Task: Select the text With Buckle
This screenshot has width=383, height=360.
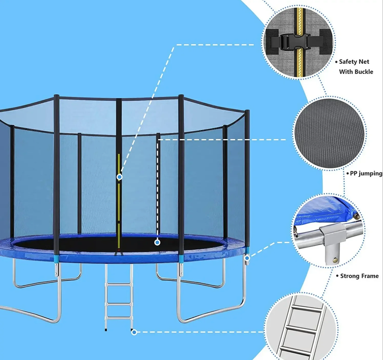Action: click(x=356, y=71)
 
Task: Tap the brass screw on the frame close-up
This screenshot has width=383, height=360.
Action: click(x=336, y=260)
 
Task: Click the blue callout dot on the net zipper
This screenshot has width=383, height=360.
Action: click(x=119, y=177)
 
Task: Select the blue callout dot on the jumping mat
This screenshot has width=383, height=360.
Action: click(x=157, y=242)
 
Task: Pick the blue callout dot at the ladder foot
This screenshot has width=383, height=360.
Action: click(x=134, y=332)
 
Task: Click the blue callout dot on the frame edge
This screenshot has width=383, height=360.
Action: click(x=247, y=258)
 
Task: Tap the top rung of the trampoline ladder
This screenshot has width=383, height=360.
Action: click(x=119, y=284)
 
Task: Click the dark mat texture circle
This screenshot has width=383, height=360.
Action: click(x=329, y=134)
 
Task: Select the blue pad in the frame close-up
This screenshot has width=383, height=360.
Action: click(x=327, y=211)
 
